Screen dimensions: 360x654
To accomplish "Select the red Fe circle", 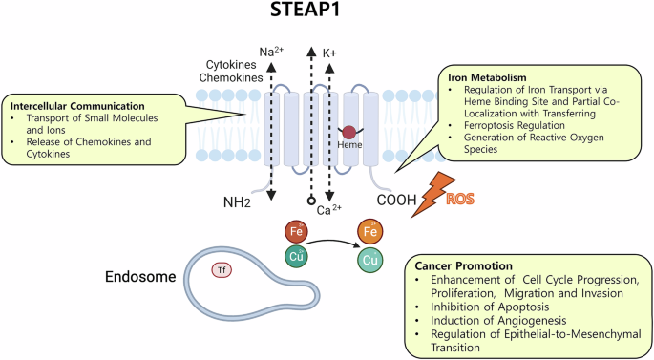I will coord(296,231).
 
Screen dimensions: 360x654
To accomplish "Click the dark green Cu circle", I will coord(296,255).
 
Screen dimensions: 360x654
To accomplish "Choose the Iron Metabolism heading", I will coord(488,75).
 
